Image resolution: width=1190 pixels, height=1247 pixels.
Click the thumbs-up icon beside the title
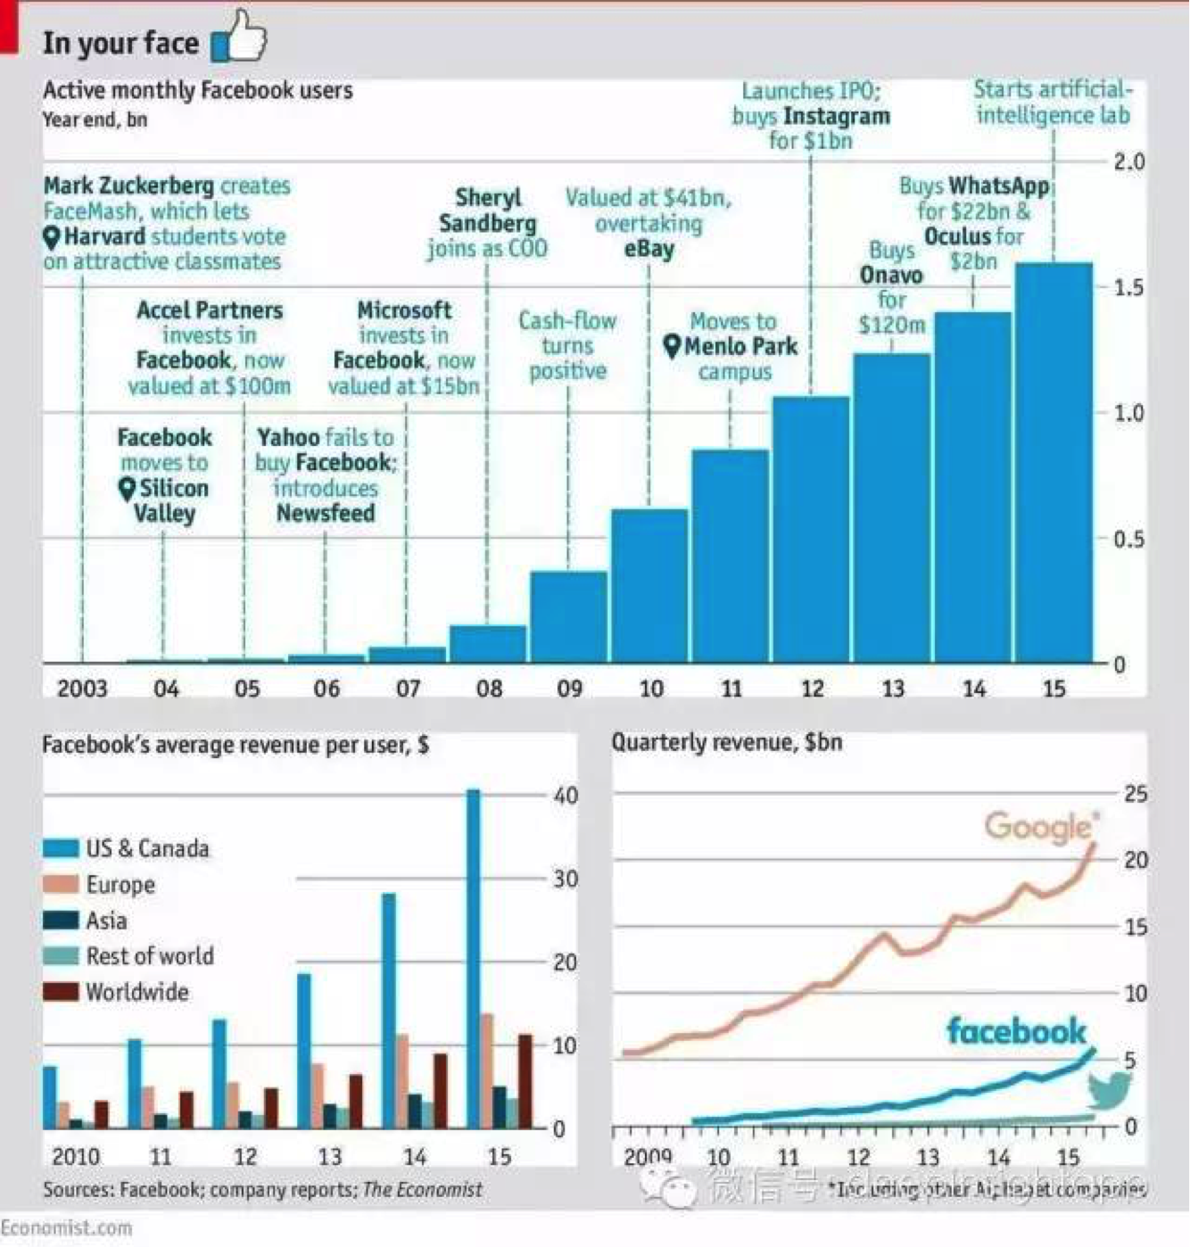pos(239,37)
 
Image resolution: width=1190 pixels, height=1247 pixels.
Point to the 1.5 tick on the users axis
pos(1128,287)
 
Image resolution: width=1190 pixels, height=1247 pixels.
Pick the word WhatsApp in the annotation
pos(999,186)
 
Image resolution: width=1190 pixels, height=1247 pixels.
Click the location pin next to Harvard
pos(52,237)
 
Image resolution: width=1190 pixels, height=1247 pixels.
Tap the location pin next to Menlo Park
pos(673,346)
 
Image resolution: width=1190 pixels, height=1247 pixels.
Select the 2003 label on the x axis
pos(82,689)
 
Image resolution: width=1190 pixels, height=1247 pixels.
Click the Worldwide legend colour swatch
pos(61,991)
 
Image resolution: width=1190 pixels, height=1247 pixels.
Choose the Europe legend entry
pos(120,884)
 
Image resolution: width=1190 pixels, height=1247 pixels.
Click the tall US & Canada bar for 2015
pos(473,959)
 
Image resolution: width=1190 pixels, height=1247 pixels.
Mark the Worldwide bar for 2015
pos(525,1081)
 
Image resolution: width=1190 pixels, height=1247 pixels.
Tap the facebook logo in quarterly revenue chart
pos(1016,1032)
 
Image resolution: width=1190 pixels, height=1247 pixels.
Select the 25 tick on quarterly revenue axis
pos(1135,794)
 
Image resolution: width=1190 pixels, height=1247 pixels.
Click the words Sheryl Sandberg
pos(487,211)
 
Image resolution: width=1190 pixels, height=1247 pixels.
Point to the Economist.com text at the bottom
pos(66,1227)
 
